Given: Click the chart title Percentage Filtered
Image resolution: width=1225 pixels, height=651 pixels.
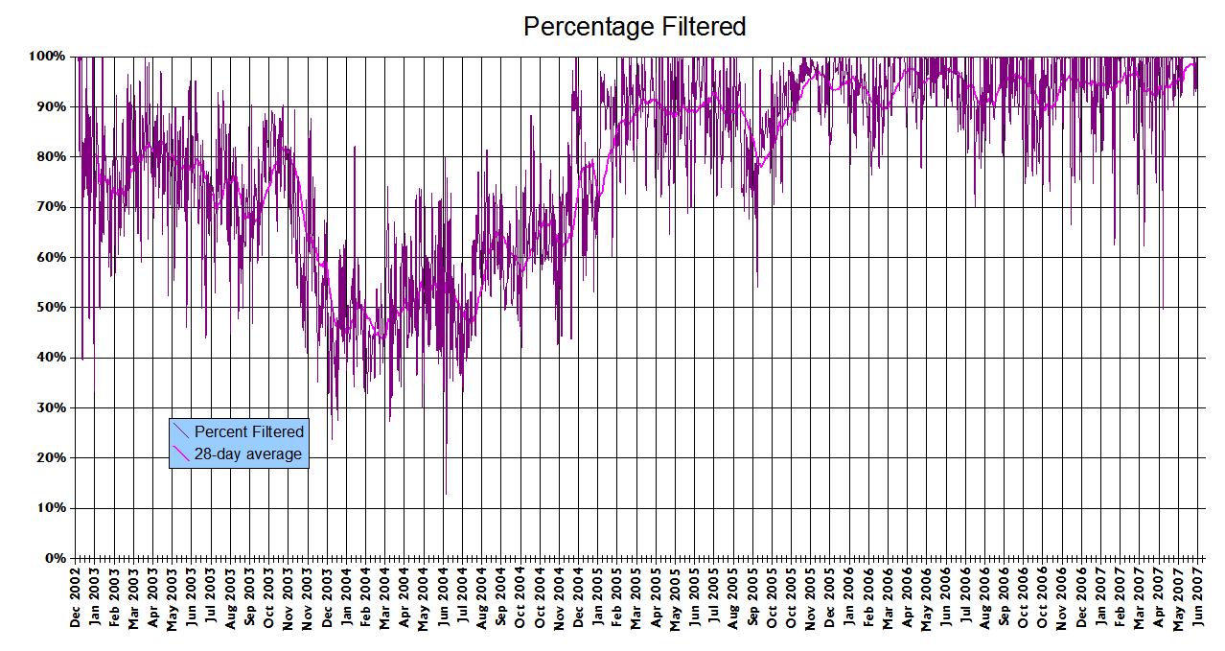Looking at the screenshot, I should [635, 27].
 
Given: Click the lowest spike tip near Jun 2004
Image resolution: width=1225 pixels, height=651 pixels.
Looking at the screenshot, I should [445, 495].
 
